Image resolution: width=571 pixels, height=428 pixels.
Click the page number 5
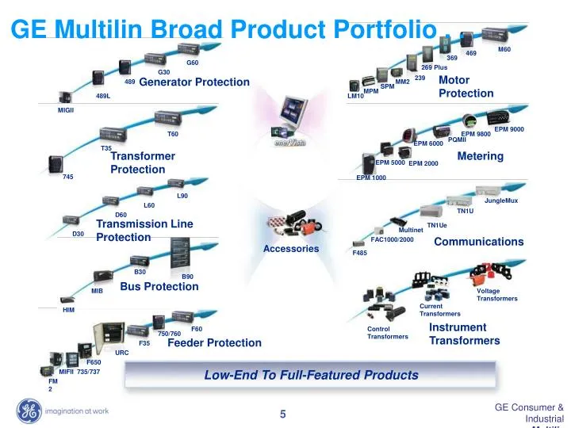pos(282,413)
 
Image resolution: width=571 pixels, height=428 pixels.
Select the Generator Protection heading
pos(194,82)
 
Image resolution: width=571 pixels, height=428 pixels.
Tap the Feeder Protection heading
pos(214,343)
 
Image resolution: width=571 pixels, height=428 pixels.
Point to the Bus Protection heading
pos(159,287)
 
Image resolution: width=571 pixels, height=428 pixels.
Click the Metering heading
pos(481,156)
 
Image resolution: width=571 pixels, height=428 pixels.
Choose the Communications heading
pos(479,242)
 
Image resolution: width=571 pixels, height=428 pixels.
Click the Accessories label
pos(291,249)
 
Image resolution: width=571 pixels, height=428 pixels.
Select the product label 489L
pos(103,96)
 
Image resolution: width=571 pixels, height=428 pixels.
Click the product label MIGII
pos(65,111)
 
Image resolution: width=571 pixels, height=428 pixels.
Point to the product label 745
pos(68,177)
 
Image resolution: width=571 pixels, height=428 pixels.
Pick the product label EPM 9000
pos(509,129)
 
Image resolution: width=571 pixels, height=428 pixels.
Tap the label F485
pos(360,253)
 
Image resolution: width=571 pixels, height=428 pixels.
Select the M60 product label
pos(504,50)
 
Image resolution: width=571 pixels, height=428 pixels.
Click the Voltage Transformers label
pos(497,295)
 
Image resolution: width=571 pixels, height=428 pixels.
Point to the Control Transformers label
pos(388,333)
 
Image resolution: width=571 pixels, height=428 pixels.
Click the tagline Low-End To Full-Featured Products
pos(311,375)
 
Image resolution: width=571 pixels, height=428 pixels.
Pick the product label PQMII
pos(457,140)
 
